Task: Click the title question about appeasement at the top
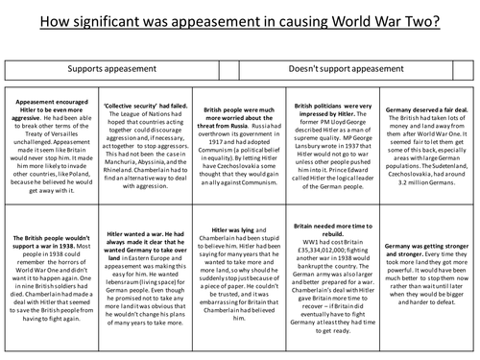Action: click(x=240, y=19)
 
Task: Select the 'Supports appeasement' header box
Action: click(x=111, y=70)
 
